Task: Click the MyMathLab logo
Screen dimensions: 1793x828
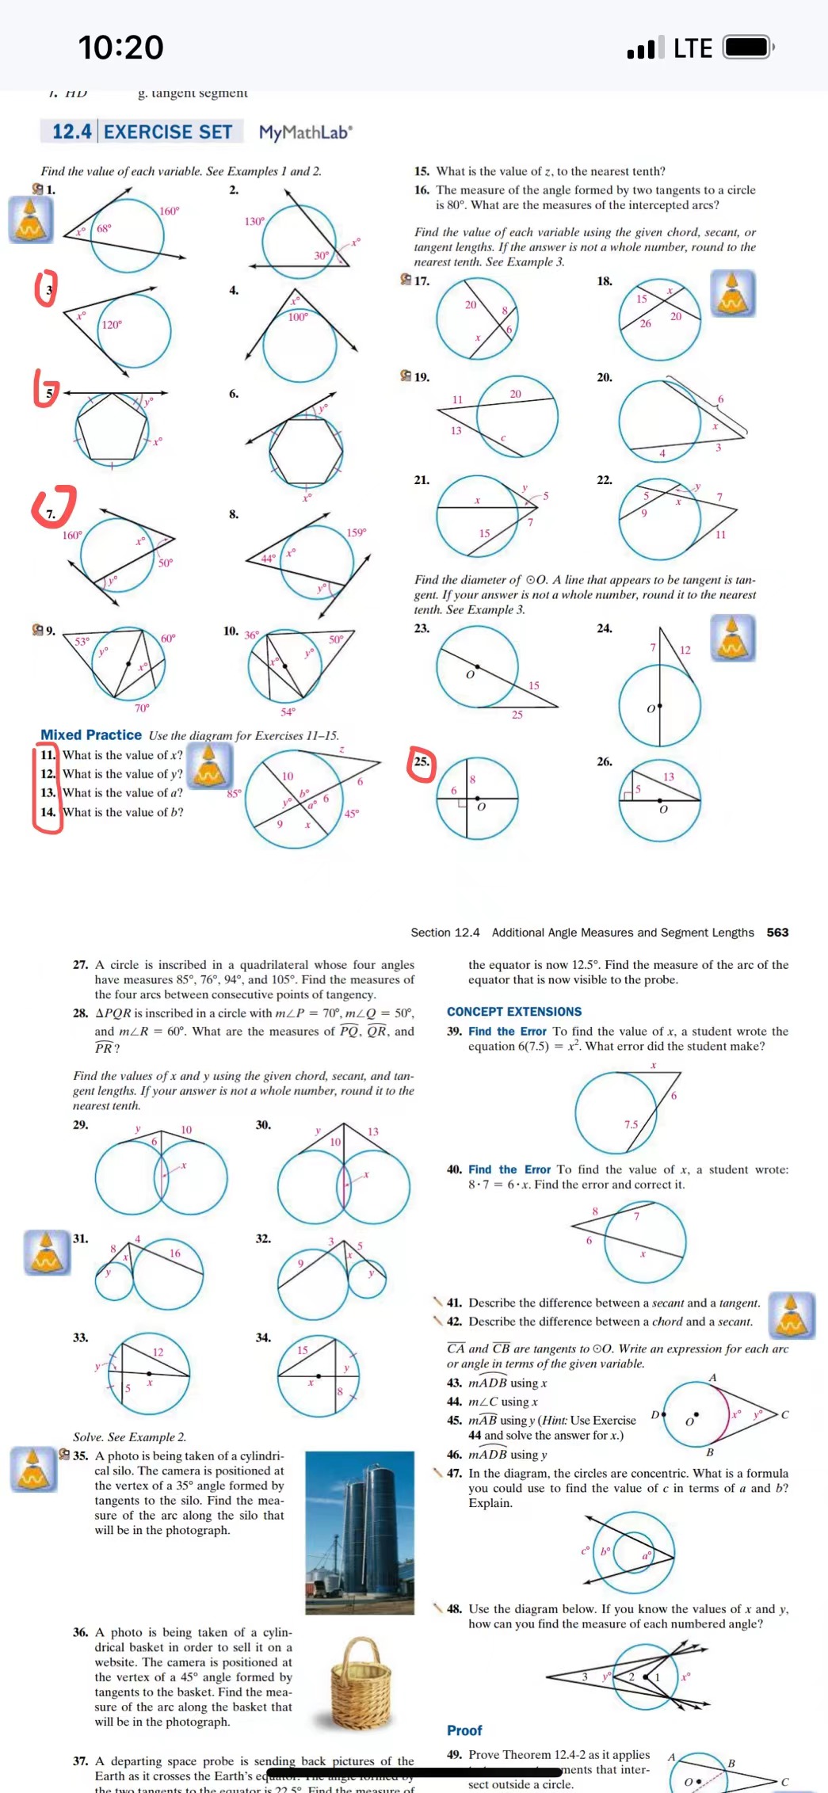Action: click(x=305, y=132)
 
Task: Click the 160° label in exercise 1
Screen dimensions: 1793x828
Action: click(x=170, y=211)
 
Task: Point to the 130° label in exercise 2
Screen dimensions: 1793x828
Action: click(x=254, y=221)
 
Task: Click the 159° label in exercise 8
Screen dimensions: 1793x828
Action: click(x=357, y=532)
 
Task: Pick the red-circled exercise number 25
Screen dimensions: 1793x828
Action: click(x=422, y=761)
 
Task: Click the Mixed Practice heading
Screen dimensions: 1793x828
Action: click(x=91, y=734)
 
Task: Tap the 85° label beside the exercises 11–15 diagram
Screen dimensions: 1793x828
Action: click(x=234, y=793)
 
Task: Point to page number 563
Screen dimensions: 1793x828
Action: click(x=777, y=933)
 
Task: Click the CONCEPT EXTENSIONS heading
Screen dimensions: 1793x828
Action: click(x=513, y=1012)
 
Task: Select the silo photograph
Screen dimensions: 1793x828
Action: click(x=360, y=1532)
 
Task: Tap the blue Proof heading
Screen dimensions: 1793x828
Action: click(x=464, y=1730)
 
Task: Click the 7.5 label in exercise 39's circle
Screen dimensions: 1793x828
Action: click(x=631, y=1124)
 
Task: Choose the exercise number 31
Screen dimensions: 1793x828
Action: click(x=81, y=1238)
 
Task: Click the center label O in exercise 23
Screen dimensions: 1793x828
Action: click(x=469, y=675)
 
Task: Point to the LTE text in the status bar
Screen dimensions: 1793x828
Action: click(x=693, y=48)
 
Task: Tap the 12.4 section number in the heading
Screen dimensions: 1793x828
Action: click(x=72, y=132)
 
